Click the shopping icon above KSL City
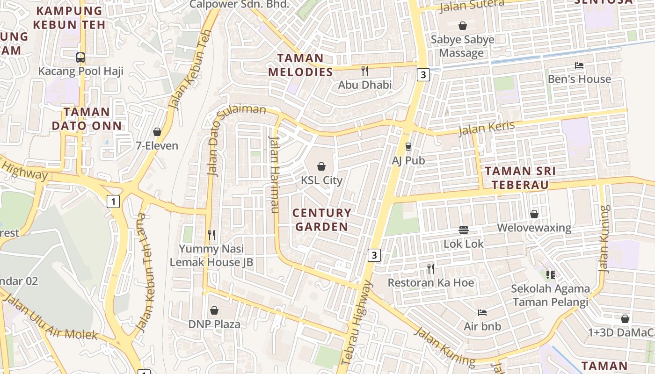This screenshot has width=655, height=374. point(321,166)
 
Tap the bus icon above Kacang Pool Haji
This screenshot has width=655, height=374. point(80,58)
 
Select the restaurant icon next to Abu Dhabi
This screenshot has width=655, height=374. point(365,71)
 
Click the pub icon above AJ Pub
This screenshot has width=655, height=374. point(408,147)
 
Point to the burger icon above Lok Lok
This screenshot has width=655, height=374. point(464,230)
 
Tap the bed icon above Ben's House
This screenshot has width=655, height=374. point(579,66)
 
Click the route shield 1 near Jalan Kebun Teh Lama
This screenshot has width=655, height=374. point(113,201)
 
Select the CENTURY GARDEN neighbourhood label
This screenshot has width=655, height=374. point(322,220)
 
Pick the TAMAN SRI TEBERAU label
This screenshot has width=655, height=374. point(520,178)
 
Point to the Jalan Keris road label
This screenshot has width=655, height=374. point(487,128)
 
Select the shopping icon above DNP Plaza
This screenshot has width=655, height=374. point(214,310)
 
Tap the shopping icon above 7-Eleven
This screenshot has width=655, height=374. point(157,132)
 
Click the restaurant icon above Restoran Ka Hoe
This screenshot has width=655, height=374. point(431,269)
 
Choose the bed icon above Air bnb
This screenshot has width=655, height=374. point(482,312)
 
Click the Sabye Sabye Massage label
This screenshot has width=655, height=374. point(462,46)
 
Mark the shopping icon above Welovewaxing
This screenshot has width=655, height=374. point(534,214)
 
